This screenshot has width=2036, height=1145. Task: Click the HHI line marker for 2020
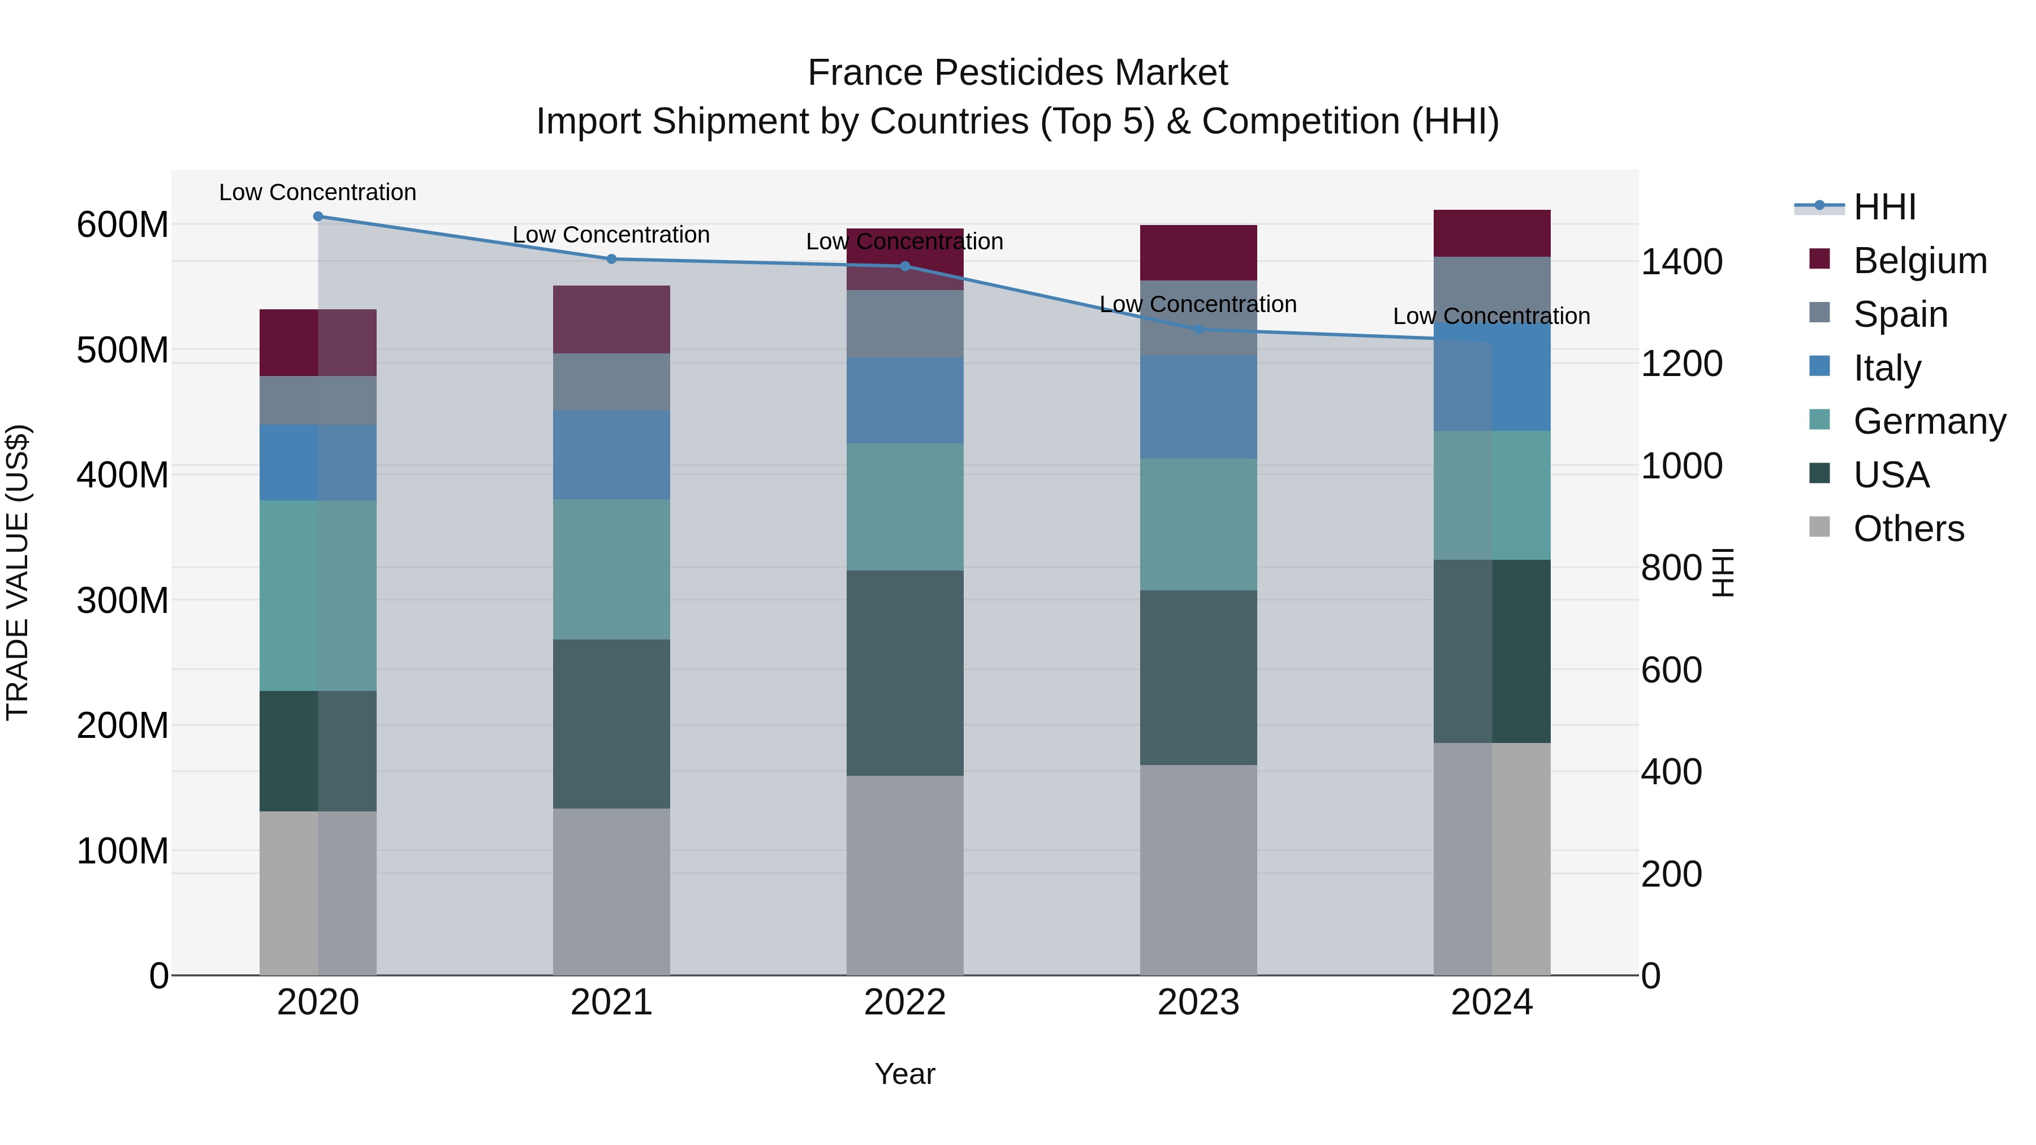(x=318, y=216)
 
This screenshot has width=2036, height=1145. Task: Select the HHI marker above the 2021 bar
(x=611, y=258)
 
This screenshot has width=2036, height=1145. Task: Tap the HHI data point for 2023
(x=1198, y=329)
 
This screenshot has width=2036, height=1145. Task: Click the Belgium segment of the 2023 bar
(x=1198, y=252)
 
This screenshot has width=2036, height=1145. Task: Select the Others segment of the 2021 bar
(x=611, y=891)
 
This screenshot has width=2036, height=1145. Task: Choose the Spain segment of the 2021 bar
(x=611, y=381)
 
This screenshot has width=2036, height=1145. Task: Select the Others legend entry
(x=1908, y=529)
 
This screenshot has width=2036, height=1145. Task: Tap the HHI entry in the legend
(x=1884, y=207)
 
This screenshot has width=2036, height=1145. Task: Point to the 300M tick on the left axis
(x=123, y=600)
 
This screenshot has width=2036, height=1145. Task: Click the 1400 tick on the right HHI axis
(x=1682, y=262)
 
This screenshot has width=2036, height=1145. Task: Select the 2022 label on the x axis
(x=905, y=1003)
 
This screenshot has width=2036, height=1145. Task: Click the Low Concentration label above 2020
(x=318, y=192)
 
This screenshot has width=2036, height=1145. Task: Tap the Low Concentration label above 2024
(x=1491, y=316)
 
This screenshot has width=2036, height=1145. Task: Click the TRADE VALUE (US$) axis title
(x=18, y=572)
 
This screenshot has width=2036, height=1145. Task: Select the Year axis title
(x=905, y=1074)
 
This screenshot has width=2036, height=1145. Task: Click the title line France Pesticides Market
(x=1017, y=73)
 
